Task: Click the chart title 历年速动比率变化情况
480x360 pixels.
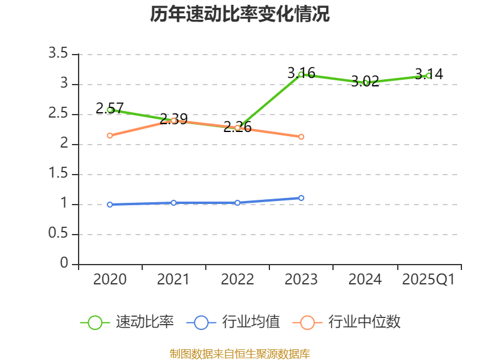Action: click(x=239, y=14)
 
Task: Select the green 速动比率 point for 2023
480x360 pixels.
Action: click(x=301, y=74)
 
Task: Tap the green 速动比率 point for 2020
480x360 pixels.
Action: click(x=110, y=110)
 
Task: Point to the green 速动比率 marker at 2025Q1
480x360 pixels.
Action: click(x=428, y=76)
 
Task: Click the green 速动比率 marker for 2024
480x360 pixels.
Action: click(x=365, y=83)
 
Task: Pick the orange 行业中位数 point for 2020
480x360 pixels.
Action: click(x=110, y=136)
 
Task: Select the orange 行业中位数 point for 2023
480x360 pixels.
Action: click(x=301, y=137)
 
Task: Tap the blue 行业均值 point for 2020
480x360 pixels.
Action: click(x=110, y=205)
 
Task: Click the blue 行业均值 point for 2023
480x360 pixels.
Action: click(x=301, y=198)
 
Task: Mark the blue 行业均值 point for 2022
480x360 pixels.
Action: click(x=238, y=203)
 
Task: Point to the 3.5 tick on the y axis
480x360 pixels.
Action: click(x=60, y=54)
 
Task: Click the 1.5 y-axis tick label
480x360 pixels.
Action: click(x=60, y=174)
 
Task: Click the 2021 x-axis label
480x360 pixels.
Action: click(x=173, y=280)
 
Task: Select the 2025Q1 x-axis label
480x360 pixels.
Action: click(x=428, y=280)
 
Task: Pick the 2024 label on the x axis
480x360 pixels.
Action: click(x=365, y=280)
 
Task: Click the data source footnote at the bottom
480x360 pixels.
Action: click(x=239, y=353)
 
